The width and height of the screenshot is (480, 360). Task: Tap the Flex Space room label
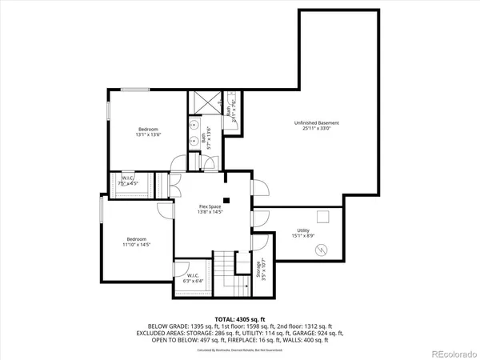[210, 207]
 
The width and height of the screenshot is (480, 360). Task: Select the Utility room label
[303, 230]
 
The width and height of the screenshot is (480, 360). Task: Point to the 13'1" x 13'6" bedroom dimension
[148, 135]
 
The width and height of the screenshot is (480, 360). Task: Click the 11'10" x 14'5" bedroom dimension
[138, 245]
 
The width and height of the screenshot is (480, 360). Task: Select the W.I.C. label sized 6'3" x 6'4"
[192, 277]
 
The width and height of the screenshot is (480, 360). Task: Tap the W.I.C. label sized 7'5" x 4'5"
[128, 180]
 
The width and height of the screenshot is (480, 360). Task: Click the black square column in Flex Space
[227, 200]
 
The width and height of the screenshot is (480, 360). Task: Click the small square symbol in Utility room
[323, 217]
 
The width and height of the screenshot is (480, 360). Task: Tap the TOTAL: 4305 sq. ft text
[240, 318]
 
